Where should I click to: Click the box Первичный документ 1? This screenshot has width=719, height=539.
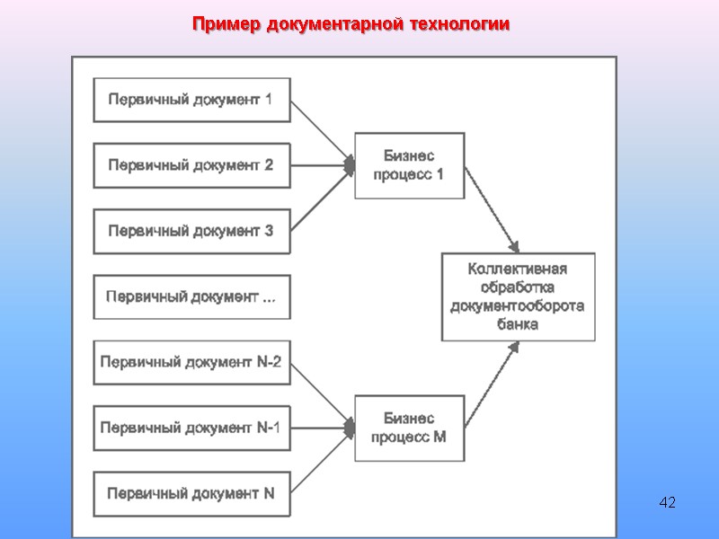[191, 99]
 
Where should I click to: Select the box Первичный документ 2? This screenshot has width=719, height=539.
[191, 165]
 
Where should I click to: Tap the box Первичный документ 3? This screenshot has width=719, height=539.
[191, 231]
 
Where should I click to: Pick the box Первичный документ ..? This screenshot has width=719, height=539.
[191, 296]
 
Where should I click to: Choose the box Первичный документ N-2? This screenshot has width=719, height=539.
[191, 362]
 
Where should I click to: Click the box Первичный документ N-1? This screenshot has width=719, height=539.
[191, 428]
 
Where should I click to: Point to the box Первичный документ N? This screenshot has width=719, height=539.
[191, 493]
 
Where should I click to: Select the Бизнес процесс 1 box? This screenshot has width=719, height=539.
[409, 165]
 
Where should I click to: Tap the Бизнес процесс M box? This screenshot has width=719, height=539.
[409, 428]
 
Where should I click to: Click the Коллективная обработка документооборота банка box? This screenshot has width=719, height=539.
[518, 296]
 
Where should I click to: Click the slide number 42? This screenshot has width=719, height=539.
[667, 500]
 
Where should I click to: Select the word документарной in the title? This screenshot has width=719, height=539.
[332, 24]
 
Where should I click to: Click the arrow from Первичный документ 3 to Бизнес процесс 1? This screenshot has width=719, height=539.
[321, 199]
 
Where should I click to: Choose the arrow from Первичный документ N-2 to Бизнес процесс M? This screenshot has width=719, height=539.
[321, 393]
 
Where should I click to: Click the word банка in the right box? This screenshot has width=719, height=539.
[518, 324]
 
